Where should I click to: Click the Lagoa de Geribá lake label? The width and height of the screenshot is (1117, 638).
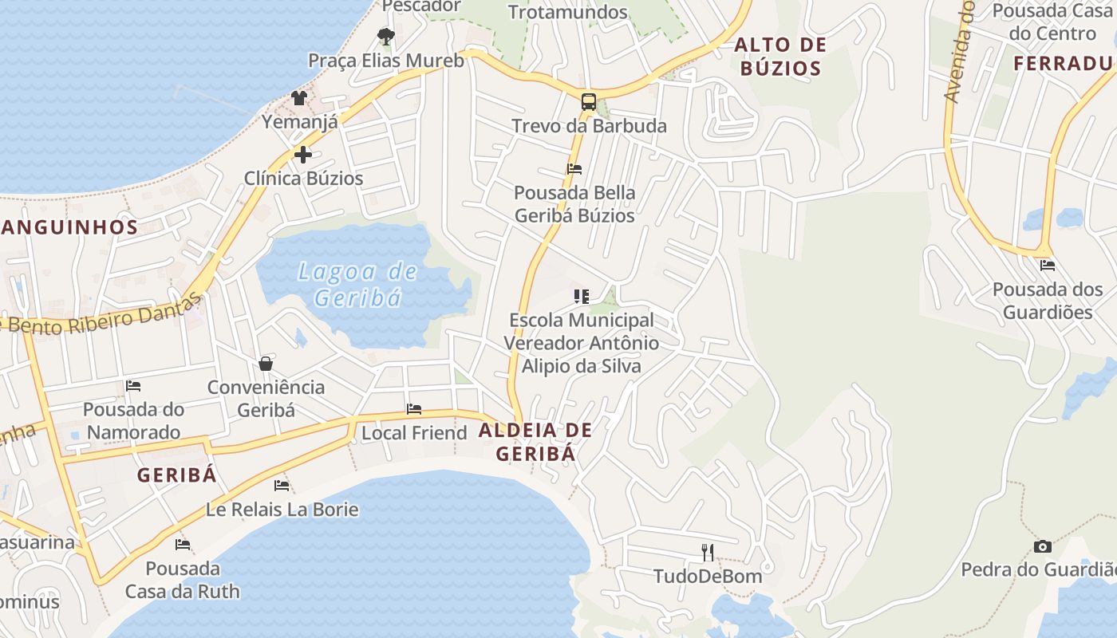357,285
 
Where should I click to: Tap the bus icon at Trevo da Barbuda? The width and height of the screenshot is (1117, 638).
589,101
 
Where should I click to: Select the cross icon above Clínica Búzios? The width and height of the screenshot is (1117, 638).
303,154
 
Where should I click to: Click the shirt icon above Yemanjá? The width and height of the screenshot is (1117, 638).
299,97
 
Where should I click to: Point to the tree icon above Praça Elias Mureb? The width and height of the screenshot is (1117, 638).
386,36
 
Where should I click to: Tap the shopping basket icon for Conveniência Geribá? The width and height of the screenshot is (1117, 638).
266,364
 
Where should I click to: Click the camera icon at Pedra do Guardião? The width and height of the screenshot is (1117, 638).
1042,546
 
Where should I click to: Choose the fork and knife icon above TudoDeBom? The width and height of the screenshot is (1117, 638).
707,552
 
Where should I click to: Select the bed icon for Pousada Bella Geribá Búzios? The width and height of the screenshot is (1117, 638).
574,169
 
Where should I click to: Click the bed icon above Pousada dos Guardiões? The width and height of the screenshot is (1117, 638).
1048,266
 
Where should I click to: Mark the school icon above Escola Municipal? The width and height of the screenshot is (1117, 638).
582,297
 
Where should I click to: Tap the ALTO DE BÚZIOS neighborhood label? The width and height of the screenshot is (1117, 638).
780,56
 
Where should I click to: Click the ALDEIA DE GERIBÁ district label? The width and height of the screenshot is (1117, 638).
535,442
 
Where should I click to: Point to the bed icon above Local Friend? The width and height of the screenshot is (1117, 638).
414,409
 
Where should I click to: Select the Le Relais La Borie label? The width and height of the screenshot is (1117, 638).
282,509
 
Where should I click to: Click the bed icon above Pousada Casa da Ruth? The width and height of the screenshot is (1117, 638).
183,545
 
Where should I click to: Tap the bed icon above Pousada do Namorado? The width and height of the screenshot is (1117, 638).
133,386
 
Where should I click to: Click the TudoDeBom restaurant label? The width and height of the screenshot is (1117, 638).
708,576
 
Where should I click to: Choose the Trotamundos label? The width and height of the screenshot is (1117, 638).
568,12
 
